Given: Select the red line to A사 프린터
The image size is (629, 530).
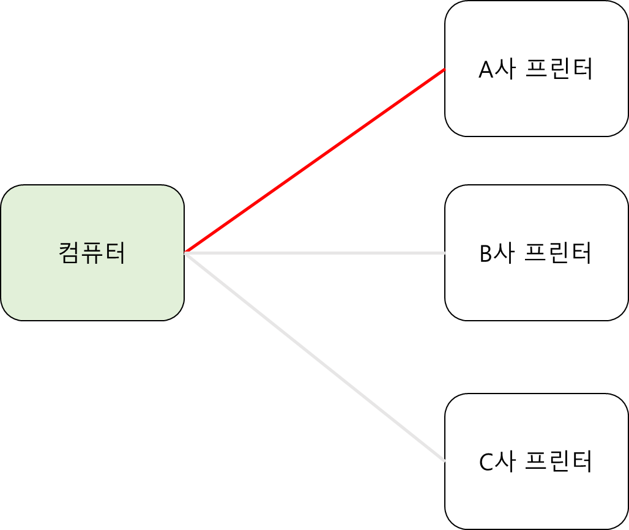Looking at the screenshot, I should (x=315, y=160).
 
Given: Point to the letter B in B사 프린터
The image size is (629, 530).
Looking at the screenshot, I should (x=486, y=253).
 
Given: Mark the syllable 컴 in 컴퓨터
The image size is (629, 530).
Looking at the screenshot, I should (x=70, y=253).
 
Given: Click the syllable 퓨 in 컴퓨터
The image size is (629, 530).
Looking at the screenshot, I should (x=92, y=253).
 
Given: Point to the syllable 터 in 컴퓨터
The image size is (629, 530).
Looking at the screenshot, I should (x=115, y=253).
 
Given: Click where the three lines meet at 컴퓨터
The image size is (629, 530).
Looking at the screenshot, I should (x=185, y=252).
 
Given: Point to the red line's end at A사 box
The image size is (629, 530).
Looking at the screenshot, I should (x=444, y=70).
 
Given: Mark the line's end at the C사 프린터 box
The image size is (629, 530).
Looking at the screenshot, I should (x=444, y=461).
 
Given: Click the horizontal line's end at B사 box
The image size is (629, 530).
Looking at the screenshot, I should (x=444, y=253).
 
